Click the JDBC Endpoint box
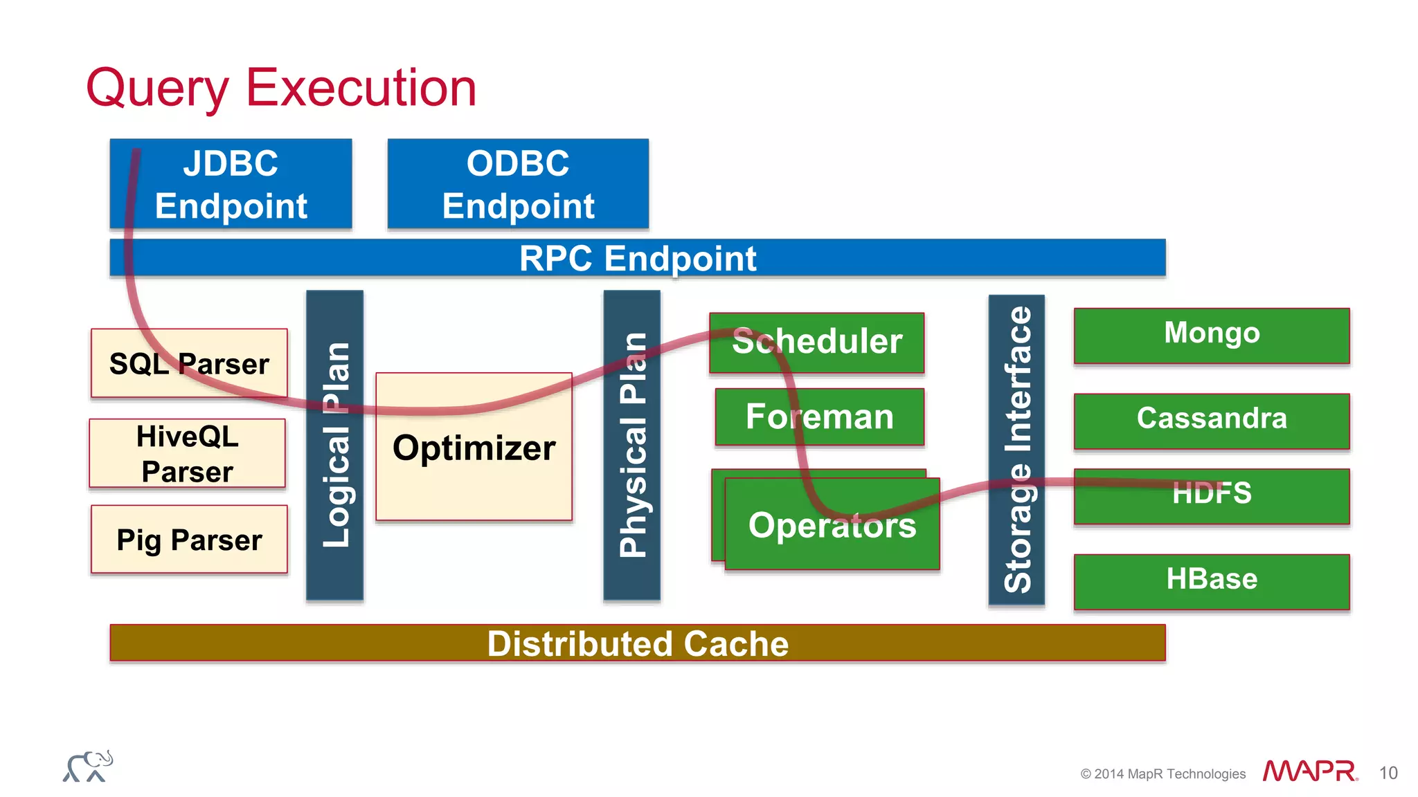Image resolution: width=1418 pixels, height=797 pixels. click(231, 184)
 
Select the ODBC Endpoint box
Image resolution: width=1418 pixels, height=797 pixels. click(518, 184)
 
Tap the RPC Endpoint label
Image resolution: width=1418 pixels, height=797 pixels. click(637, 259)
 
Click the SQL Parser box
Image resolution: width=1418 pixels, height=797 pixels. click(189, 363)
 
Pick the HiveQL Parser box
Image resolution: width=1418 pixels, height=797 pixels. click(187, 454)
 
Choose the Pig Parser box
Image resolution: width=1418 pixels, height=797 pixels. click(189, 540)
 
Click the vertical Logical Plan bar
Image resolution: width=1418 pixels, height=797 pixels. click(335, 445)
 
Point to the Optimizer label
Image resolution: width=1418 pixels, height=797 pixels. click(474, 448)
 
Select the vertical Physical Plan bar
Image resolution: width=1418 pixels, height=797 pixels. click(632, 445)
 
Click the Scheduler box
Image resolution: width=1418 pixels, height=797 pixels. click(817, 342)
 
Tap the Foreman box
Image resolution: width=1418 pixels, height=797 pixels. click(820, 416)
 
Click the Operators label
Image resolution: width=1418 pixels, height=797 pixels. click(832, 526)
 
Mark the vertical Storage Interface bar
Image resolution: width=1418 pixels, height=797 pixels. click(1016, 450)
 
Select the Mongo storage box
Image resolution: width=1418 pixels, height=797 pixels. click(1212, 334)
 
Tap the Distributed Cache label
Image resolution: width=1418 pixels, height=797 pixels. click(637, 643)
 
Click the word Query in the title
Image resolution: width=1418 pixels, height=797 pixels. click(157, 89)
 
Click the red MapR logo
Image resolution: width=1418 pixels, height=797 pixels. click(1309, 771)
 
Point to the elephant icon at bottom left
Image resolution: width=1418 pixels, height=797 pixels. click(89, 767)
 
